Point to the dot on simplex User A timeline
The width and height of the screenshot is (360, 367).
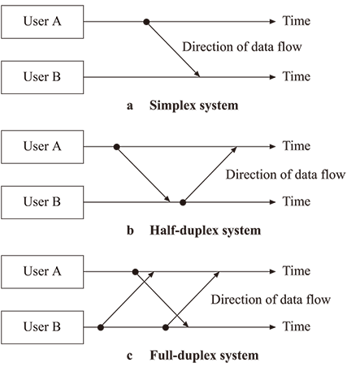tap(146, 22)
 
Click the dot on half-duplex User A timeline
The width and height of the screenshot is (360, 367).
tap(117, 147)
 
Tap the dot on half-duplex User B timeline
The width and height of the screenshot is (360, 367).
tap(183, 202)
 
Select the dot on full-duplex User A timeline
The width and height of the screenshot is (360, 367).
tap(136, 272)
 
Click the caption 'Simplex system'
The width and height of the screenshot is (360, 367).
tap(194, 106)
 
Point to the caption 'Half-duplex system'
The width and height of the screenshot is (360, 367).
tap(206, 231)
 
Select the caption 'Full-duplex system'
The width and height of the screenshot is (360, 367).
tap(204, 356)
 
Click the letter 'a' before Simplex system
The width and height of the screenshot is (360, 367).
tap(130, 106)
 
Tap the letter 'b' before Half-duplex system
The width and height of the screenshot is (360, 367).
tap(130, 231)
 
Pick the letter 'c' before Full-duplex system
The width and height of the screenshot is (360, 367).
tap(130, 356)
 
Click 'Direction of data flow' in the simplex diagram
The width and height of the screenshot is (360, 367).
tap(242, 47)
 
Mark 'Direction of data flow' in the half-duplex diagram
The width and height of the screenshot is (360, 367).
tap(286, 175)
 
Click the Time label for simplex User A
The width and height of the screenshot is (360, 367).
tap(297, 21)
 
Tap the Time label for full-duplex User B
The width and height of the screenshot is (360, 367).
tap(297, 326)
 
